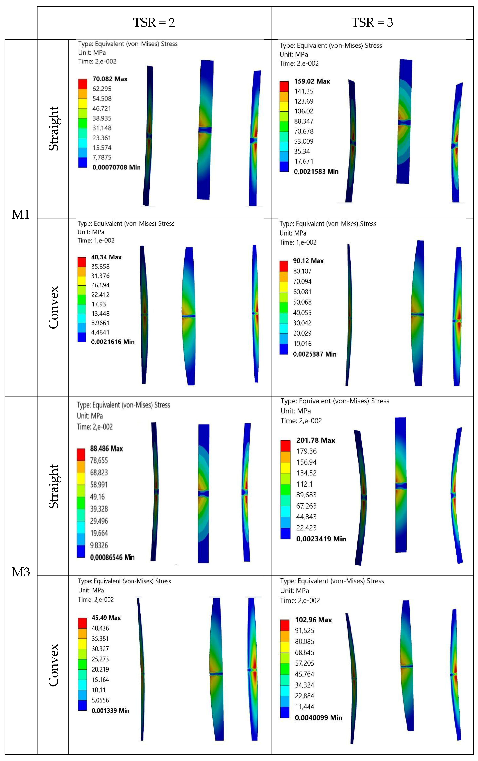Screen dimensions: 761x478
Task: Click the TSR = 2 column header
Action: (154, 22)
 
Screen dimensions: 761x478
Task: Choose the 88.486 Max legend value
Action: (107, 449)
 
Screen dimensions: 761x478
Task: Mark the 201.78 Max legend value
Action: (315, 440)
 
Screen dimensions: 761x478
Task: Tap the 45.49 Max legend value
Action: (106, 618)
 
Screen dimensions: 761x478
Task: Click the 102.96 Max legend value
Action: (313, 620)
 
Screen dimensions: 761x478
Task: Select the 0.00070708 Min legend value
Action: (116, 167)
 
